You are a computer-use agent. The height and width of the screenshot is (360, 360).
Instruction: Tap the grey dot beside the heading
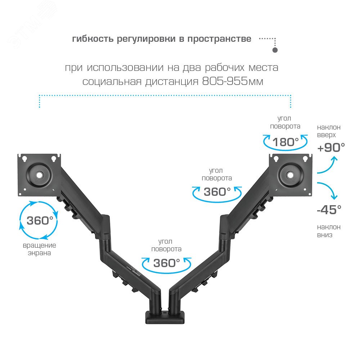pyautogui.click(x=275, y=50)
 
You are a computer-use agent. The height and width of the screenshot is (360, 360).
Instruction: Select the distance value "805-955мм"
pyautogui.click(x=233, y=82)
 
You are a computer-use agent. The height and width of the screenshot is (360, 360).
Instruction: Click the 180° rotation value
pyautogui.click(x=285, y=142)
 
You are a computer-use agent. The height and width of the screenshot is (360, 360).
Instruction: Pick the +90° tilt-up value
pyautogui.click(x=331, y=147)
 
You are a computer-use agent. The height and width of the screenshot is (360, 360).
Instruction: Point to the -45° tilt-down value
pyautogui.click(x=329, y=210)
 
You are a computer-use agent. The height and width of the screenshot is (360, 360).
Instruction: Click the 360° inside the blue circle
pyautogui.click(x=40, y=220)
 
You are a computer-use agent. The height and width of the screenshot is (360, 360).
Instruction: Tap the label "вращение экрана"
pyautogui.click(x=40, y=249)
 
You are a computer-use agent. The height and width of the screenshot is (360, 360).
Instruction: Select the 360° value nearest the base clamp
pyautogui.click(x=166, y=263)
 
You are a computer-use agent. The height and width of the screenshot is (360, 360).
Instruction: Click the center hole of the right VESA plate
pyautogui.click(x=290, y=175)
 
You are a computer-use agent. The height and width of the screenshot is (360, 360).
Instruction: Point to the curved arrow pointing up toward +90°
pyautogui.click(x=327, y=166)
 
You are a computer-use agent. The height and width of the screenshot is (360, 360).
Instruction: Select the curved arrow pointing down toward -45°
pyautogui.click(x=328, y=190)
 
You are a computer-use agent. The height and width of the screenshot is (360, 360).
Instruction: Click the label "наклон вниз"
pyautogui.click(x=328, y=231)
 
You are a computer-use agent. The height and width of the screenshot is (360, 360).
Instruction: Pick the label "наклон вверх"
pyautogui.click(x=328, y=131)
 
